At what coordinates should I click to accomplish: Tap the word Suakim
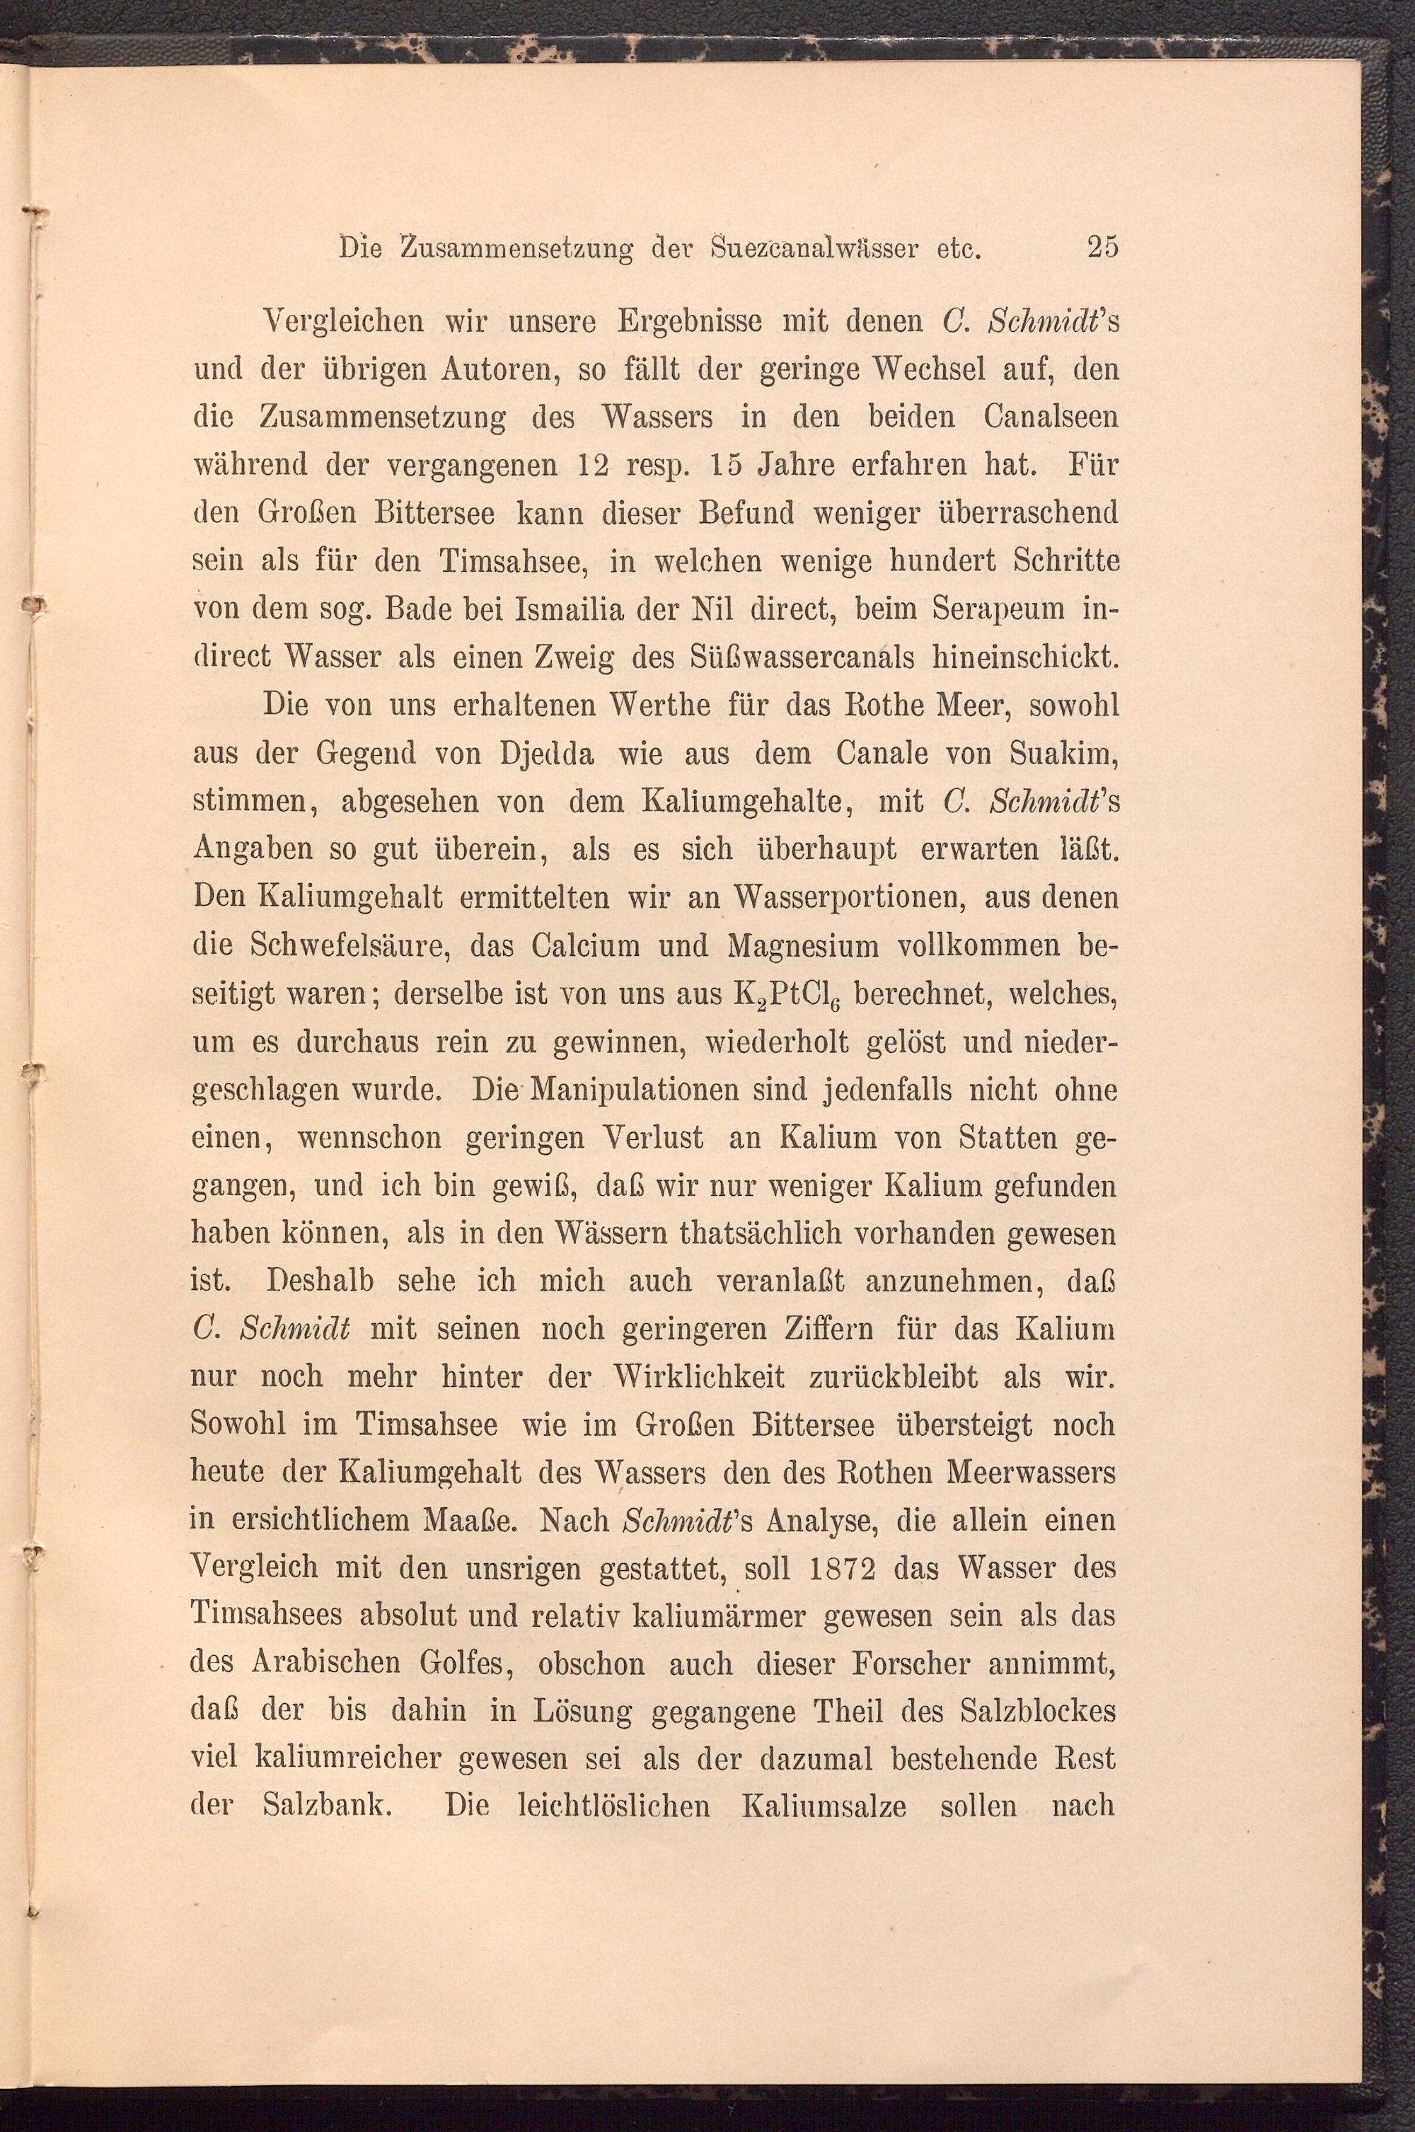click(1068, 754)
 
